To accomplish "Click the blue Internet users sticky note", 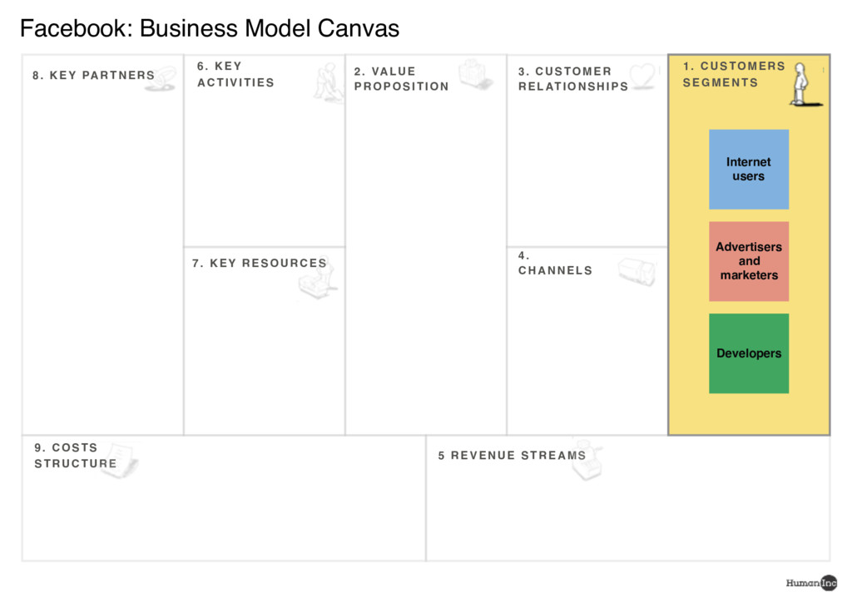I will point(748,169).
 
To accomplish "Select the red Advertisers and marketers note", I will point(748,261).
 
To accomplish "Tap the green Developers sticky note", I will point(748,353).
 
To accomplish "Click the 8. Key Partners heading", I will point(93,76).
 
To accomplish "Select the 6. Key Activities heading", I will point(235,74).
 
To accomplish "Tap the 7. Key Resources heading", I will point(259,264).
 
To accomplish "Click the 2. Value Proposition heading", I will point(401,79).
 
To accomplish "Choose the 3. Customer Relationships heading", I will point(572,79).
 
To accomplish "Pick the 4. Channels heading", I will point(555,264).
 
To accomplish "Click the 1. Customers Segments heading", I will point(733,74).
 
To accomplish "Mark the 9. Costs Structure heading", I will point(75,456).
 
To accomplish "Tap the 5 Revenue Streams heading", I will point(512,456).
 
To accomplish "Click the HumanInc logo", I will point(811,583).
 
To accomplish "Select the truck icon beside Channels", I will point(637,271).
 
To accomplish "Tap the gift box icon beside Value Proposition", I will point(475,74).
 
